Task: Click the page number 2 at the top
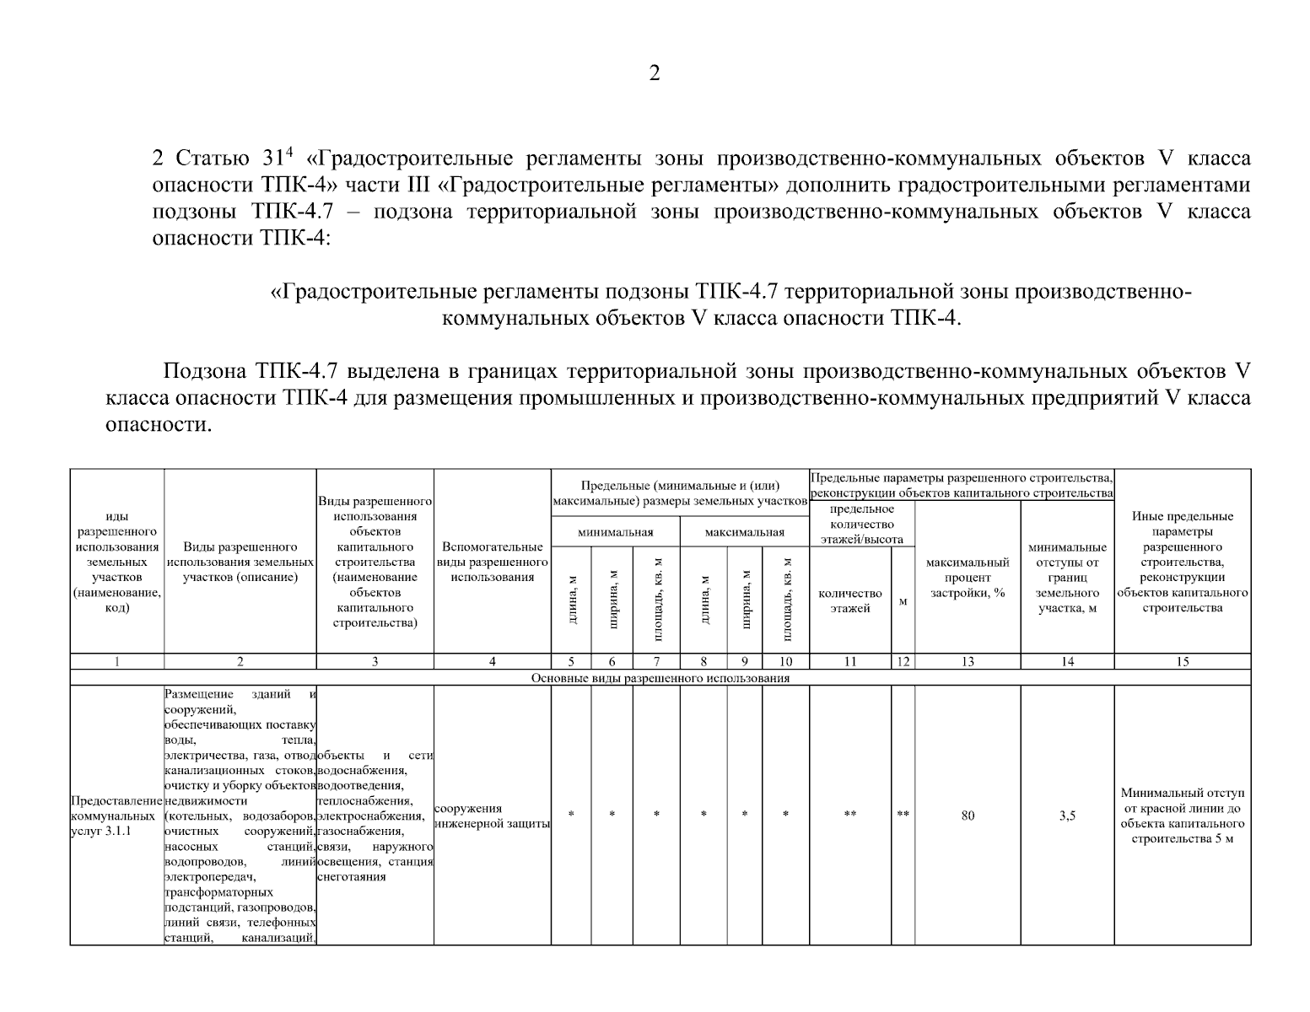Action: [x=655, y=73]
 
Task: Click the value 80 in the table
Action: [x=968, y=816]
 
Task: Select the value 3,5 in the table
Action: [x=1067, y=816]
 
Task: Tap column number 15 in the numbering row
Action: [x=1182, y=662]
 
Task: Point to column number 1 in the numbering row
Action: [x=116, y=662]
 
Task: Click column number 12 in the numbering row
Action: [x=903, y=662]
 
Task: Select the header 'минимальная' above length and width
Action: [x=615, y=532]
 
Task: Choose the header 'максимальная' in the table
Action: [x=744, y=532]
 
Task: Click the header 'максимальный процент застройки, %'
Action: [x=968, y=578]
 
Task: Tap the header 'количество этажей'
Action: [x=849, y=600]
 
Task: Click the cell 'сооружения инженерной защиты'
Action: [x=492, y=816]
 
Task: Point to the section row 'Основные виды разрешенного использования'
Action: [x=660, y=678]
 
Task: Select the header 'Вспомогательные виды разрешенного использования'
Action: [x=492, y=563]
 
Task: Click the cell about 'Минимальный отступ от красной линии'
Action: [x=1182, y=816]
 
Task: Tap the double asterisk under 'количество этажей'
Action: [x=849, y=816]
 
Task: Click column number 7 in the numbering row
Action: [x=656, y=662]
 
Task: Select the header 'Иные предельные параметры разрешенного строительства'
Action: [x=1182, y=562]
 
